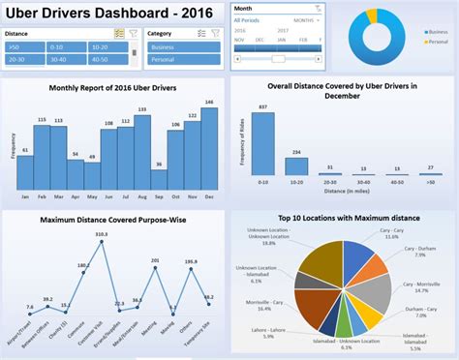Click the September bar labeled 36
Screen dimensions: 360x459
(158, 179)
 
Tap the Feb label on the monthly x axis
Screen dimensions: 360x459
(42, 196)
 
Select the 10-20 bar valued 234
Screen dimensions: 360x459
(295, 163)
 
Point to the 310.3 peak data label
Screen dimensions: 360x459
(101, 235)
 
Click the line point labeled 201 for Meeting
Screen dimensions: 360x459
(154, 261)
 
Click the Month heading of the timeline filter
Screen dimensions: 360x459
(244, 8)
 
